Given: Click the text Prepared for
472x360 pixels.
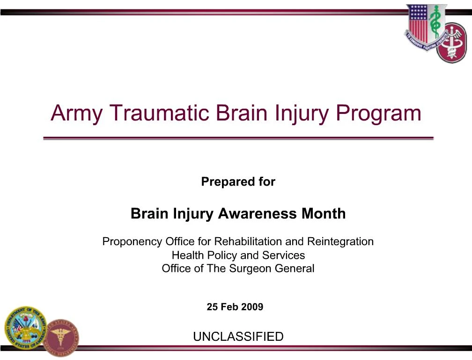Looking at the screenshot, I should point(238,181).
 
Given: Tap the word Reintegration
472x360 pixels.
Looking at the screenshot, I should point(340,242).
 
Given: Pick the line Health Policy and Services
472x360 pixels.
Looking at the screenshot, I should point(238,255).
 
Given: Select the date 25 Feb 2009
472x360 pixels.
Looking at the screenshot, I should point(235,307).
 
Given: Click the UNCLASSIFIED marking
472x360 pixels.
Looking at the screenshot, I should point(238,337).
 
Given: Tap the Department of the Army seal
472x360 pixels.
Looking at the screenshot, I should point(26,328).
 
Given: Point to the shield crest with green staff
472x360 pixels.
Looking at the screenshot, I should point(425,26).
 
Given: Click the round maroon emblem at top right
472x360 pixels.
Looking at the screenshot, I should point(452,43).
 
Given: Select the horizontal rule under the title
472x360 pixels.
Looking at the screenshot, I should point(238,138).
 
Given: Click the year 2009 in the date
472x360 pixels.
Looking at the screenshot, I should point(253,307).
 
